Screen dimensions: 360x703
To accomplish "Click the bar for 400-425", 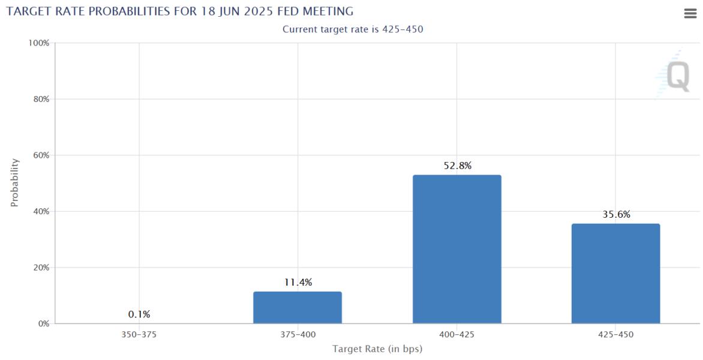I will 456,249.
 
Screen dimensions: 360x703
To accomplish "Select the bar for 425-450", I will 615,274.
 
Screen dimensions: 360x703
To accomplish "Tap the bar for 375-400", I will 298,307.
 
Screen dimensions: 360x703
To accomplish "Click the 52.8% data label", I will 457,166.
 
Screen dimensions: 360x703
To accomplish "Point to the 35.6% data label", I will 616,215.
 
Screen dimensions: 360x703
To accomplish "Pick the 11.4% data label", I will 298,283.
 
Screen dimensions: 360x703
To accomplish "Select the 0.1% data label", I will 139,314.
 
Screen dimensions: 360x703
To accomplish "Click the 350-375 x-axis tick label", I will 139,335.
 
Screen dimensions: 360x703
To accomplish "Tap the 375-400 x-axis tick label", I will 298,335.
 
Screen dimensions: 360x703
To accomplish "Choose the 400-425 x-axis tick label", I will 456,335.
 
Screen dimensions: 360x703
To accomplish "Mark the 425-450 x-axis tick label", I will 615,335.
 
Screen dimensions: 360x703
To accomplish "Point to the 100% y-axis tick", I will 39,43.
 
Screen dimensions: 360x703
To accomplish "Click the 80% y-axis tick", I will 41,99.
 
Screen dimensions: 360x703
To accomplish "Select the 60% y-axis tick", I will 41,155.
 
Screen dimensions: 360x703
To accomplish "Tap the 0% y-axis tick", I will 43,324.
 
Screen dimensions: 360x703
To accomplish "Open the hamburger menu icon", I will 690,14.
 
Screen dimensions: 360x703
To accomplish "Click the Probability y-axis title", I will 15,183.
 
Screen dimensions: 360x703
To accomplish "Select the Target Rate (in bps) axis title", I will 377,349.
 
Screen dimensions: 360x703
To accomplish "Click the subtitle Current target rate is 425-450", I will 353,29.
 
